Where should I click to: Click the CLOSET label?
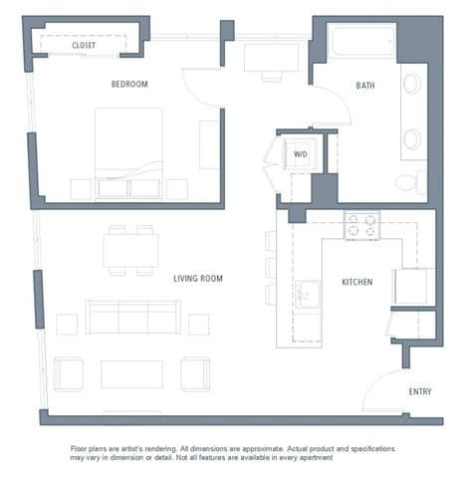pos(84,45)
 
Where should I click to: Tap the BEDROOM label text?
pos(129,85)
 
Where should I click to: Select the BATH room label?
pos(366,86)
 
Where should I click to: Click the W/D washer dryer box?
pos(300,154)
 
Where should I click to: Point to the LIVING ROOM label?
pos(197,279)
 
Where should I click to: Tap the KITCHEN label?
pos(356,283)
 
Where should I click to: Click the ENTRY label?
pos(420,391)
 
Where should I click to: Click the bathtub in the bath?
pos(361,42)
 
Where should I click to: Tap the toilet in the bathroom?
pos(409,182)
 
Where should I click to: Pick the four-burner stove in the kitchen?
pos(361,225)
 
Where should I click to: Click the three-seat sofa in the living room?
pos(131,318)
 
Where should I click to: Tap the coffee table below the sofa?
pos(131,373)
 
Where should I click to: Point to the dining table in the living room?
pos(130,250)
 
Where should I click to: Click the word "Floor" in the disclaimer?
pos(82,449)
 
